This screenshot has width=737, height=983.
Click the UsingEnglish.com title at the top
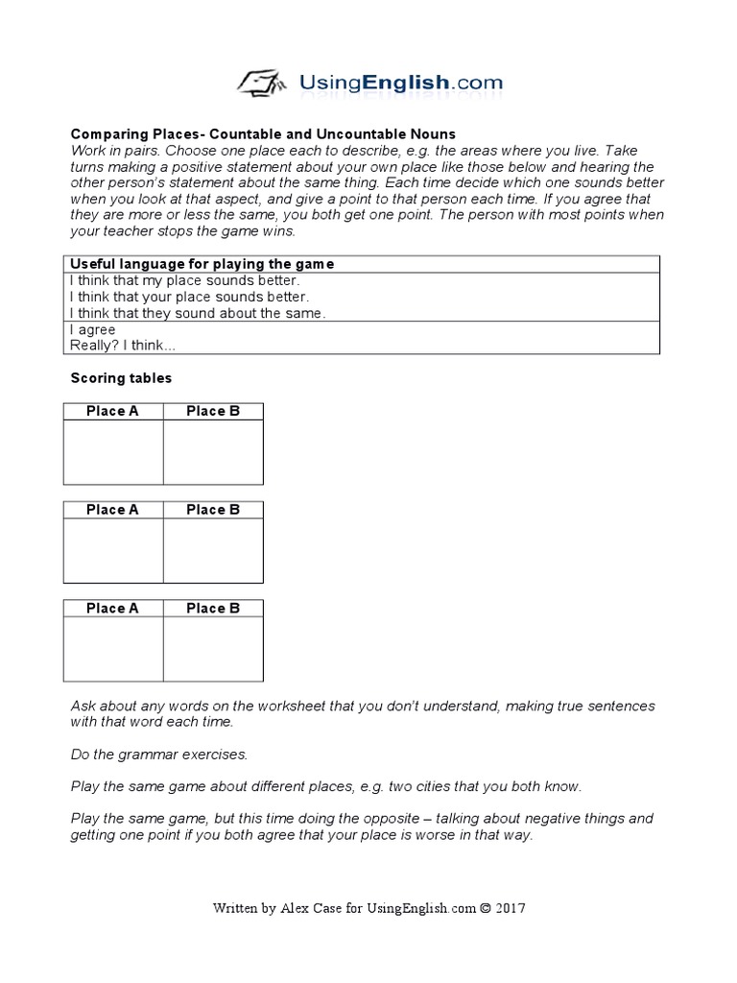click(x=401, y=83)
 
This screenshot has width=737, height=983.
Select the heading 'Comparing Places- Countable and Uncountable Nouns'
click(x=263, y=133)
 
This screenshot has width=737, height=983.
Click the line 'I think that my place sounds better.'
click(x=184, y=281)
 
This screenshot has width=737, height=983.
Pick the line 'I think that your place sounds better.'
click(x=189, y=298)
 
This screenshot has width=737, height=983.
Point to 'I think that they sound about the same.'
click(x=198, y=314)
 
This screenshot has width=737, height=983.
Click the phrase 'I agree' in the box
click(x=92, y=330)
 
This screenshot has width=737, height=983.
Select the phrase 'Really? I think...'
click(x=123, y=347)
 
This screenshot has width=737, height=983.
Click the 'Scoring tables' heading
click(x=121, y=378)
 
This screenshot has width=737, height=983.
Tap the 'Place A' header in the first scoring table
click(x=112, y=411)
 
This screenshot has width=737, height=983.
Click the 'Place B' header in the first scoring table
click(x=213, y=411)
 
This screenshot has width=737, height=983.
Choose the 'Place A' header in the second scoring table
click(x=112, y=510)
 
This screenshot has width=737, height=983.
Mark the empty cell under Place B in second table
click(x=213, y=551)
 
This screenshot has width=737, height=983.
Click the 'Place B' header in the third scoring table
click(x=213, y=609)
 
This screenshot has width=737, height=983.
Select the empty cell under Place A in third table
click(x=112, y=650)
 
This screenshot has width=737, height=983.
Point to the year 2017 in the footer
click(x=511, y=908)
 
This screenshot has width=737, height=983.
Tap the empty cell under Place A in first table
click(x=112, y=452)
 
